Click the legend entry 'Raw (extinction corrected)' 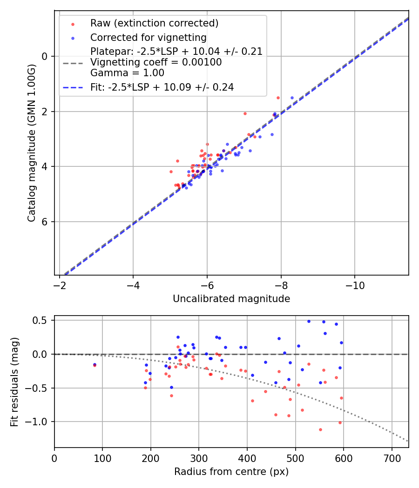pyautogui.click(x=154, y=23)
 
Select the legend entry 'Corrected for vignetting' pyautogui.click(x=148, y=37)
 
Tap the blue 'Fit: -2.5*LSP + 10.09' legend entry pyautogui.click(x=162, y=87)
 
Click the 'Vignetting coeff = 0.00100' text pyautogui.click(x=156, y=62)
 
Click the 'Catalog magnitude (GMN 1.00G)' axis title pyautogui.click(x=31, y=143)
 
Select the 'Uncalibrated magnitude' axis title pyautogui.click(x=231, y=299)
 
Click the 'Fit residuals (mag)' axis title pyautogui.click(x=15, y=381)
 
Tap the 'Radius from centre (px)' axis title pyautogui.click(x=231, y=472)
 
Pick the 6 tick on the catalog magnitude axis pyautogui.click(x=45, y=222)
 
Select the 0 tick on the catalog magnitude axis pyautogui.click(x=45, y=56)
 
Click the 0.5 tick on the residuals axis pyautogui.click(x=42, y=321)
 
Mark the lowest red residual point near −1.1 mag pyautogui.click(x=320, y=429)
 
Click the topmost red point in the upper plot pyautogui.click(x=278, y=98)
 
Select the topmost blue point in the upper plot pyautogui.click(x=292, y=98)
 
